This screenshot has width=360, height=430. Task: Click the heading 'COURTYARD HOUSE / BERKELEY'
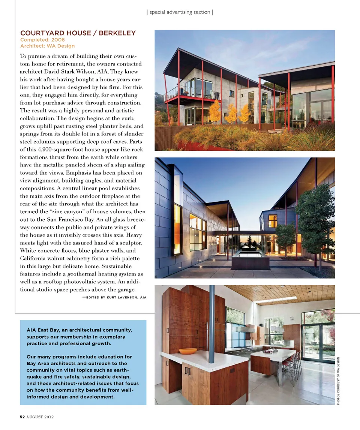[x=78, y=33]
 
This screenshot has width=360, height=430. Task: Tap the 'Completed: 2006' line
[x=42, y=40]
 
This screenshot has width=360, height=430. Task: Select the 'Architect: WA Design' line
[x=48, y=46]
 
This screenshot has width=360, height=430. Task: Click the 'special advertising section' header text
[x=180, y=12]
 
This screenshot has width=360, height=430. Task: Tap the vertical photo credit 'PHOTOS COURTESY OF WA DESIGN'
[x=338, y=381]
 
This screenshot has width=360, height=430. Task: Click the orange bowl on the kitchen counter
[x=188, y=351]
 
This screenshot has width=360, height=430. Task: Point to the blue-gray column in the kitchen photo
[x=212, y=319]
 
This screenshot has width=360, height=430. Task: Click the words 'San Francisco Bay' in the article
[x=71, y=219]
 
